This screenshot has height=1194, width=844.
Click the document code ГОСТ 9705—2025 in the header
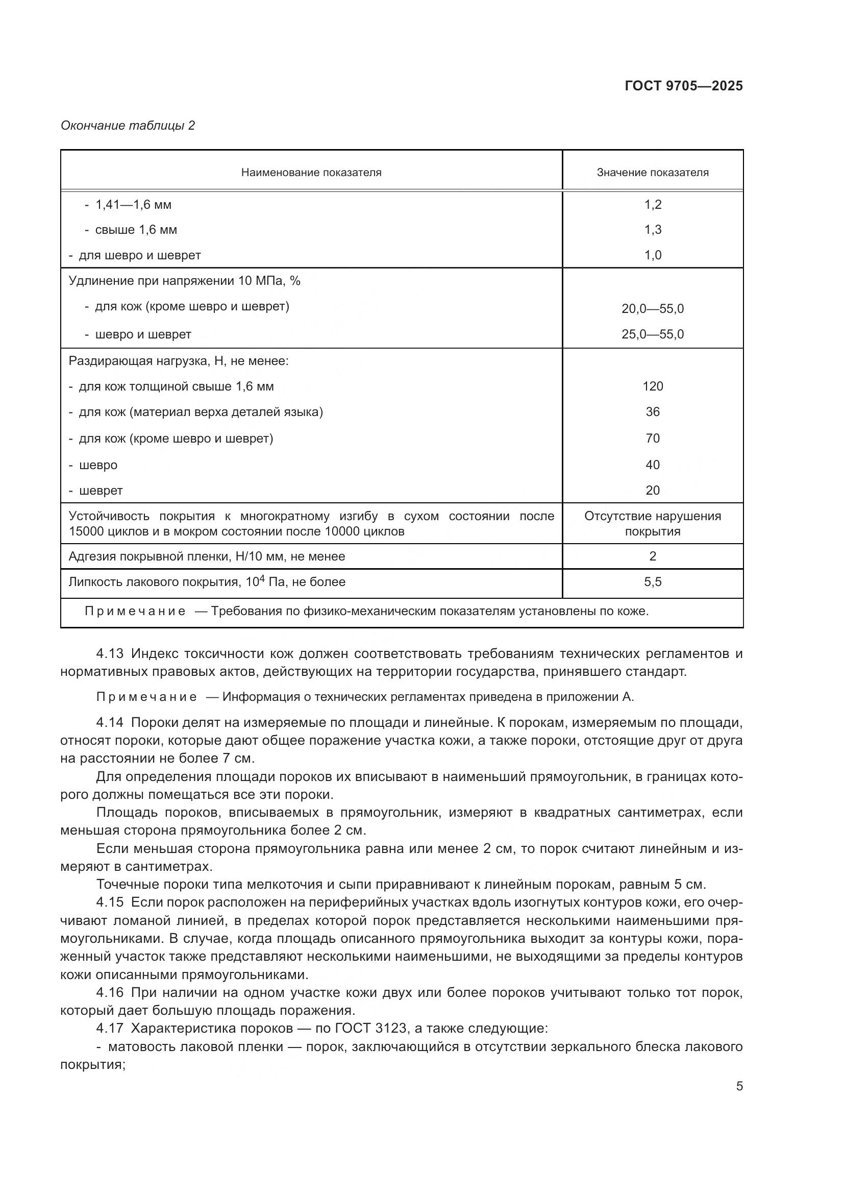(x=683, y=86)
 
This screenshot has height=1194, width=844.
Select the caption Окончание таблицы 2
(x=128, y=126)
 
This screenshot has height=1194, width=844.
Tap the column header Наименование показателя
(x=311, y=173)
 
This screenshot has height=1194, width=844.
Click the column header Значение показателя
(x=652, y=173)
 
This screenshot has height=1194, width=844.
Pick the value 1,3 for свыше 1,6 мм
(x=653, y=230)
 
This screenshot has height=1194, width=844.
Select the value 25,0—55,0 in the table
(x=653, y=334)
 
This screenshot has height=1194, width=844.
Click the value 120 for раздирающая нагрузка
(x=653, y=386)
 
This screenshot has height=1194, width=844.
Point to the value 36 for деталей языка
(x=653, y=412)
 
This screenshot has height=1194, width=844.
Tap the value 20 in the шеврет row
(x=653, y=491)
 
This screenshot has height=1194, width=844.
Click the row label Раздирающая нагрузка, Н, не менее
(x=178, y=361)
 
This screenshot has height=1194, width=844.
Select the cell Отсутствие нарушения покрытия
(x=653, y=524)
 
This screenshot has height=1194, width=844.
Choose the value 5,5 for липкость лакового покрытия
(x=653, y=582)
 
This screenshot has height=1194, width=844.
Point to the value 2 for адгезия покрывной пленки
(x=653, y=556)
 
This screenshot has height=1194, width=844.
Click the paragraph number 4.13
(x=110, y=654)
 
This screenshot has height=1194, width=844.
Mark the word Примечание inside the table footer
(x=135, y=611)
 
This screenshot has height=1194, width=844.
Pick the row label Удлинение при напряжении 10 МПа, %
(x=185, y=281)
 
